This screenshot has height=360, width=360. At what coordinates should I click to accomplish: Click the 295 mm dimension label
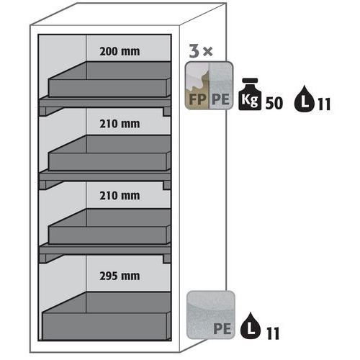(120, 275)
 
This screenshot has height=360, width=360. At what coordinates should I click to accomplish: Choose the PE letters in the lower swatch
(222, 330)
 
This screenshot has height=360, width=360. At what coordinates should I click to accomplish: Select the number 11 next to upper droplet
(323, 104)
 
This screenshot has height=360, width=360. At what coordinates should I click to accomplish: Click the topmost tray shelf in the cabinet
(110, 79)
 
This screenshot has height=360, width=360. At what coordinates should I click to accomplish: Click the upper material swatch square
(209, 85)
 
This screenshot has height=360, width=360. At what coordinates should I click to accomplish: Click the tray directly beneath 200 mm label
(110, 79)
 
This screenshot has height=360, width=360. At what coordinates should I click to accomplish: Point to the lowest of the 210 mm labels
(120, 194)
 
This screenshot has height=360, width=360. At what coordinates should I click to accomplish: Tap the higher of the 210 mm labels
(120, 122)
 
